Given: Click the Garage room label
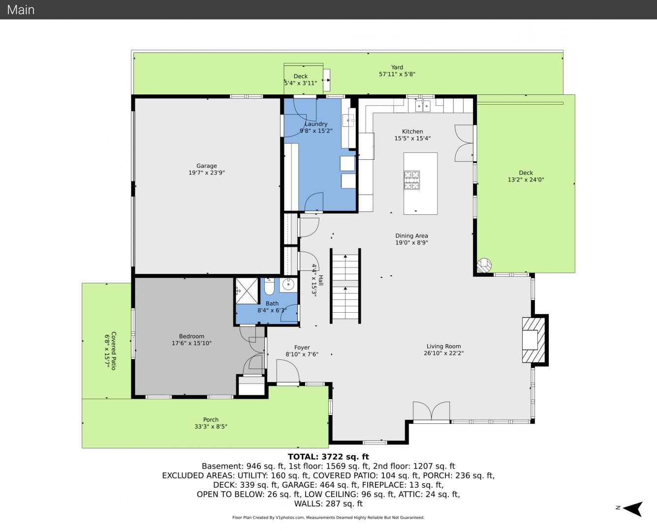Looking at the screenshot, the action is tap(207, 166).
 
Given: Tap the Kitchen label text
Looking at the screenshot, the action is tap(412, 132).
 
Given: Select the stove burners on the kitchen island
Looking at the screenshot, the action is tap(411, 180).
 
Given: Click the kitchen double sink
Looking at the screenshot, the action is tap(423, 106).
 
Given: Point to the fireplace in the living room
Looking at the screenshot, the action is tap(533, 340).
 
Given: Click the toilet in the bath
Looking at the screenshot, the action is tap(269, 287).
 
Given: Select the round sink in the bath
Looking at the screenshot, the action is tap(288, 285).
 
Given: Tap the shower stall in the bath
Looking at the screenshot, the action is tap(247, 291).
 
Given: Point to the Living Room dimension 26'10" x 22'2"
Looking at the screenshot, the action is tap(443, 353).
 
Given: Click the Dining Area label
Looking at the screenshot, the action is tap(411, 236).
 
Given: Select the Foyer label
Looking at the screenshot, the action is tap(302, 347).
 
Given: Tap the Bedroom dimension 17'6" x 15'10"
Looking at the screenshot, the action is tap(191, 343).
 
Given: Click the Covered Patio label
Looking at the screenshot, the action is tap(114, 351).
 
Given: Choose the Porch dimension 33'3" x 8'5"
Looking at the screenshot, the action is tap(211, 427).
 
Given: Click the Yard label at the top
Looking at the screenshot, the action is tap(397, 67).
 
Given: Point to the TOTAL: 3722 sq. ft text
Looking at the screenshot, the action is tap(328, 457).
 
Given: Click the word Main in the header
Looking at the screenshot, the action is tap(21, 10).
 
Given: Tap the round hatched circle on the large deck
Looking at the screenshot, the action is tap(484, 265).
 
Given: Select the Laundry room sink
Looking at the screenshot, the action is tap(349, 120).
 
